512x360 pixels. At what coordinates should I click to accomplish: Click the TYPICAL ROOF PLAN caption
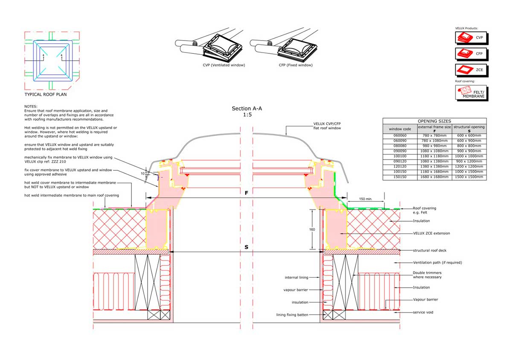pyautogui.click(x=46, y=94)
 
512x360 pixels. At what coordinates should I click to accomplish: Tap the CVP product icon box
pyautogui.click(x=471, y=38)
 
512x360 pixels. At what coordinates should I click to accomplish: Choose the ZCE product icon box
pyautogui.click(x=471, y=70)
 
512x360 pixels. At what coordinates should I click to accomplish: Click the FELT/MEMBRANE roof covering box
pyautogui.click(x=471, y=93)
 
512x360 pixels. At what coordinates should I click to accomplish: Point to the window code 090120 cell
pyautogui.click(x=400, y=161)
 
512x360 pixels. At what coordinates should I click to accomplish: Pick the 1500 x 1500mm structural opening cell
pyautogui.click(x=469, y=177)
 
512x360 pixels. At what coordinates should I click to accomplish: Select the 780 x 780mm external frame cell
pyautogui.click(x=434, y=136)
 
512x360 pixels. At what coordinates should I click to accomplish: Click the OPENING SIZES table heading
pyautogui.click(x=434, y=121)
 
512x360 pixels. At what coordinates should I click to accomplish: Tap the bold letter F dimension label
pyautogui.click(x=247, y=193)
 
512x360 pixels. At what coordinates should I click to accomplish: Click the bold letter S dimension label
pyautogui.click(x=247, y=247)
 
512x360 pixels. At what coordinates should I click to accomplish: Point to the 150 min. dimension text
pyautogui.click(x=366, y=199)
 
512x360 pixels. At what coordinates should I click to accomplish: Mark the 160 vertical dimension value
pyautogui.click(x=312, y=229)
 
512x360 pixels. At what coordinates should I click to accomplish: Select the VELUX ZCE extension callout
pyautogui.click(x=431, y=233)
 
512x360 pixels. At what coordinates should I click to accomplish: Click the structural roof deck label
pyautogui.click(x=430, y=250)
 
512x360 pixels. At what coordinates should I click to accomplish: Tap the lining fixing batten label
pyautogui.click(x=292, y=315)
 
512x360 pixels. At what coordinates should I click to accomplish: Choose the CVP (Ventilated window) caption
pyautogui.click(x=224, y=65)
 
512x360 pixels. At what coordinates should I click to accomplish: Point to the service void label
pyautogui.click(x=423, y=312)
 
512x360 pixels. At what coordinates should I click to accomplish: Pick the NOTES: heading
pyautogui.click(x=31, y=106)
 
